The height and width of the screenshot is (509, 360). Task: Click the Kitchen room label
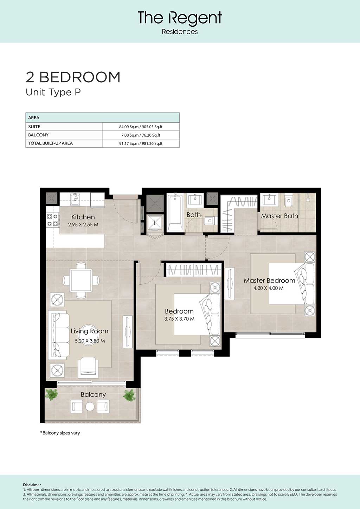coord(83,217)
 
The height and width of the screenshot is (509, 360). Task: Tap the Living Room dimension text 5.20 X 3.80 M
coord(90,341)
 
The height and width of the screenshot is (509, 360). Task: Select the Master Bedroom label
coord(269,281)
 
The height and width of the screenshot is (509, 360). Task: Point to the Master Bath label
coord(279,216)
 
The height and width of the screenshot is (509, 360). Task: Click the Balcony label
coord(93,394)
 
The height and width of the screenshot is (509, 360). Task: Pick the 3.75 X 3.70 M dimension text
coord(179,319)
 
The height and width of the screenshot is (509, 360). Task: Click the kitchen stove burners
coord(52,220)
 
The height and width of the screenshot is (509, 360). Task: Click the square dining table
coord(81,280)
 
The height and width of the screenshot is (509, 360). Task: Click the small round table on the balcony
coord(90,407)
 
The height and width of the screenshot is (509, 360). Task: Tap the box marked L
coord(155,223)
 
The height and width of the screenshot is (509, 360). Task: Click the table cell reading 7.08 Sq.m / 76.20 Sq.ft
coord(141,135)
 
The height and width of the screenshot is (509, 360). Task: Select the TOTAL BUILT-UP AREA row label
coord(51,143)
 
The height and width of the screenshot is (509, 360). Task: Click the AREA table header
coord(34,118)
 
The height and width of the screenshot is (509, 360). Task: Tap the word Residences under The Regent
coord(180,32)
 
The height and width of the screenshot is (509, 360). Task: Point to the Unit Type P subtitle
coord(53,92)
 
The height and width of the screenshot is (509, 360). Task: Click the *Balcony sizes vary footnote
coord(60,433)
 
